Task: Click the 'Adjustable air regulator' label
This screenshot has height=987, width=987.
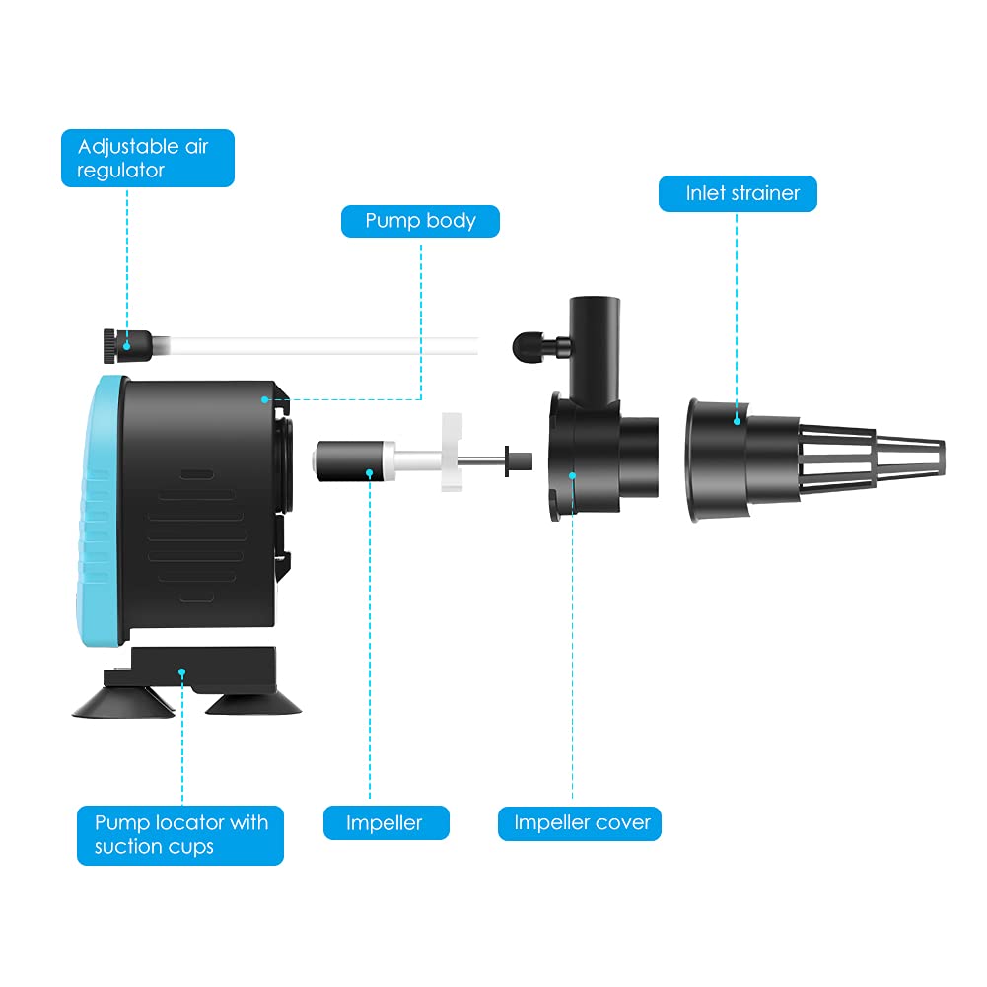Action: (147, 158)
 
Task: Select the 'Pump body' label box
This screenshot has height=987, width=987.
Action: (420, 221)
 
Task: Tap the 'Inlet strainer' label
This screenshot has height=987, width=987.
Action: (738, 193)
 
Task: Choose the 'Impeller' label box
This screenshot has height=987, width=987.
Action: (386, 822)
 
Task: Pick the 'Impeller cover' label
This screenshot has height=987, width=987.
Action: (580, 822)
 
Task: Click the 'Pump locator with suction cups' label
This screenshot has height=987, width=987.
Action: (180, 834)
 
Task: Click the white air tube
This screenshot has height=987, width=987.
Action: (316, 345)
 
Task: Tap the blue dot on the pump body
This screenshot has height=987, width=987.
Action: (265, 399)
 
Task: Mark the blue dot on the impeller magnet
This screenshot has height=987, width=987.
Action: (370, 474)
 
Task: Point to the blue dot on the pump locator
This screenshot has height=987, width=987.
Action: (182, 672)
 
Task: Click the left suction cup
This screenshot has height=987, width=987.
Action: (124, 701)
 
